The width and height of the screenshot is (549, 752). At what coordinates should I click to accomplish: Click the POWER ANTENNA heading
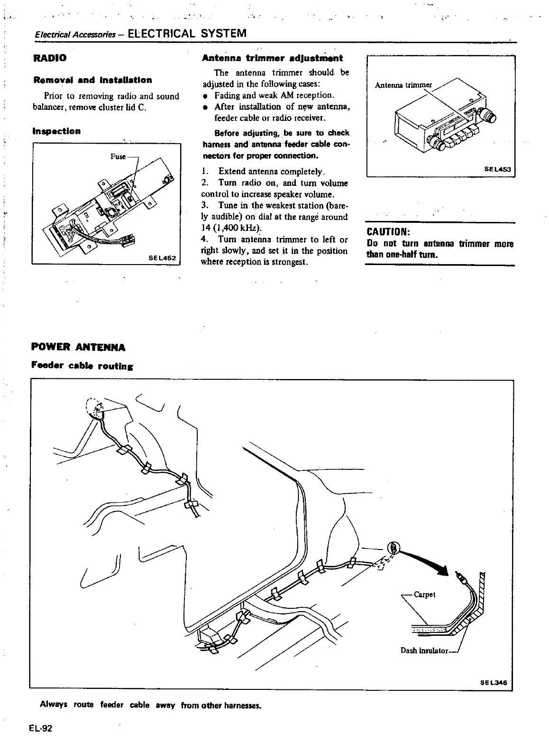click(x=78, y=348)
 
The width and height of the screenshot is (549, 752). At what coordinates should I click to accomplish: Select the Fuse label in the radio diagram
click(x=118, y=156)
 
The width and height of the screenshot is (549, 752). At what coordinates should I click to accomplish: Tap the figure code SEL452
click(x=162, y=258)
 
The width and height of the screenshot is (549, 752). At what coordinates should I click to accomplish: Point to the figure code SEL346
click(x=494, y=683)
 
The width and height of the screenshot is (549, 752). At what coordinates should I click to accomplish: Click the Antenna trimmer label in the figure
click(x=403, y=85)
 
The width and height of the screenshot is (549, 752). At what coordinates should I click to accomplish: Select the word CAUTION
click(x=388, y=232)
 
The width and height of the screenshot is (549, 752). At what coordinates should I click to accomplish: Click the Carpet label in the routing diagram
click(x=425, y=594)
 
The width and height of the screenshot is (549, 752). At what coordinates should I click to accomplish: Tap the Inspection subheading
click(x=56, y=131)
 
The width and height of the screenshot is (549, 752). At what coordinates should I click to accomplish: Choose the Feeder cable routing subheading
click(x=82, y=366)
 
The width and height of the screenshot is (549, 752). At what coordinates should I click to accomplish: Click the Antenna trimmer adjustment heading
click(x=272, y=59)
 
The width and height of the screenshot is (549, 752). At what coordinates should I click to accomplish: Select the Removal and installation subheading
click(x=92, y=80)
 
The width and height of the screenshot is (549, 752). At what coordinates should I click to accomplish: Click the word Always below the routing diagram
click(x=53, y=705)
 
